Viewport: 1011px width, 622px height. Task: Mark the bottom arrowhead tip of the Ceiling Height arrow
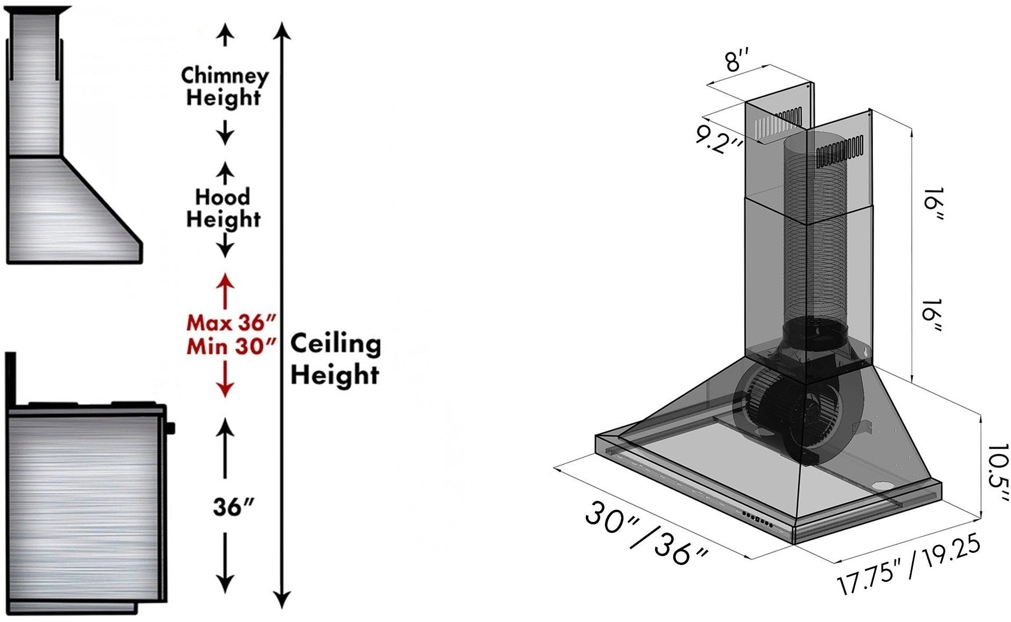click(x=283, y=609)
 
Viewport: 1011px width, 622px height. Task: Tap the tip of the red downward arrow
click(x=226, y=397)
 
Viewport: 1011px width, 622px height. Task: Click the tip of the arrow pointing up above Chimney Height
click(x=226, y=24)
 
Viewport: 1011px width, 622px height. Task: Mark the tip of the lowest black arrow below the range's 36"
click(x=226, y=593)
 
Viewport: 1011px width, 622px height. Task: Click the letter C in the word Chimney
click(x=188, y=75)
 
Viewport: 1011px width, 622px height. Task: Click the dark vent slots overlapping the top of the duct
click(x=839, y=150)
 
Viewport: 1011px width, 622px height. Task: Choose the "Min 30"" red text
click(x=231, y=346)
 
